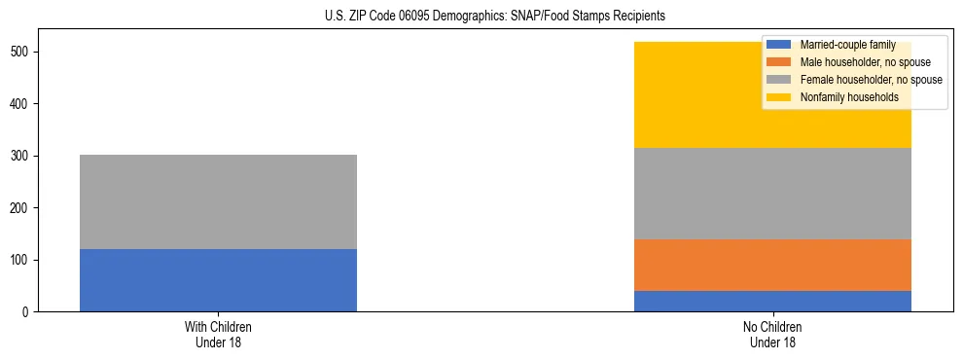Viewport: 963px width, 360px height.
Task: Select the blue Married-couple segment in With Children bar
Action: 218,280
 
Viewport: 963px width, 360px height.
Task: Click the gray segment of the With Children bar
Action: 218,201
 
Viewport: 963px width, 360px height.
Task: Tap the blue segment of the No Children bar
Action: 772,301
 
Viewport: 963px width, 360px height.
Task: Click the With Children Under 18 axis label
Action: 218,334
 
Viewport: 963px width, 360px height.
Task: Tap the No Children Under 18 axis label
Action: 772,334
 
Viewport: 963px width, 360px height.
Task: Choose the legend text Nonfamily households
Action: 843,97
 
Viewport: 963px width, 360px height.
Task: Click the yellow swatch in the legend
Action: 779,97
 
